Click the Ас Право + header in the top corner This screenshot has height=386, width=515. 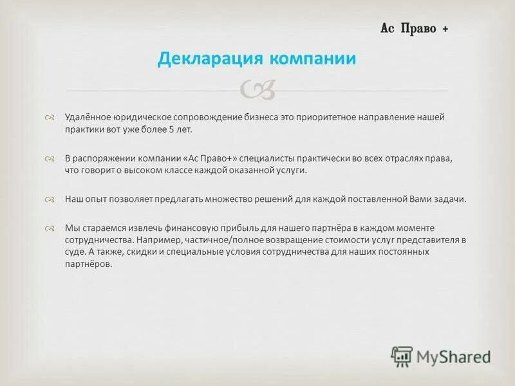(414, 29)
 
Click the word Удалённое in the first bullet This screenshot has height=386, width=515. (87, 117)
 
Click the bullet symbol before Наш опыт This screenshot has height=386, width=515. (50, 199)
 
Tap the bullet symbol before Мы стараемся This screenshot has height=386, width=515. (50, 228)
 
